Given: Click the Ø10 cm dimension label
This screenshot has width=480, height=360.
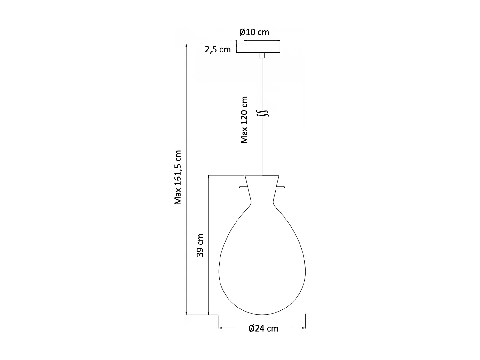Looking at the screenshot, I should [x=254, y=32].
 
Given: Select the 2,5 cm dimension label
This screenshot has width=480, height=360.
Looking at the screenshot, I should [x=218, y=50].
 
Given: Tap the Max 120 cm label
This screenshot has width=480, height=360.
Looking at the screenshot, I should [x=244, y=120].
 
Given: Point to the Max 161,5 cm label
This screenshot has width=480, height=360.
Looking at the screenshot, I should [x=178, y=177].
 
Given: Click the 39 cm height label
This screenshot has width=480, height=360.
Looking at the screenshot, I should [x=200, y=245].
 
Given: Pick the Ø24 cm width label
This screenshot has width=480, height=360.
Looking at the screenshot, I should [x=263, y=328].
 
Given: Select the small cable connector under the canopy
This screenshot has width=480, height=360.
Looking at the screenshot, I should [x=262, y=56].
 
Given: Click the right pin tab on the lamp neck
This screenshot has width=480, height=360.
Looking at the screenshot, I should [x=281, y=187].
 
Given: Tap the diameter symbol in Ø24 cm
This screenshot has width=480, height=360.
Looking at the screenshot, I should [x=252, y=328].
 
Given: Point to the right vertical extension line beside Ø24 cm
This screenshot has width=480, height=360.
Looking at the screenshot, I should [x=306, y=321].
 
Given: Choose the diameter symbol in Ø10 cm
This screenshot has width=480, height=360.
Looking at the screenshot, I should [x=242, y=32].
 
